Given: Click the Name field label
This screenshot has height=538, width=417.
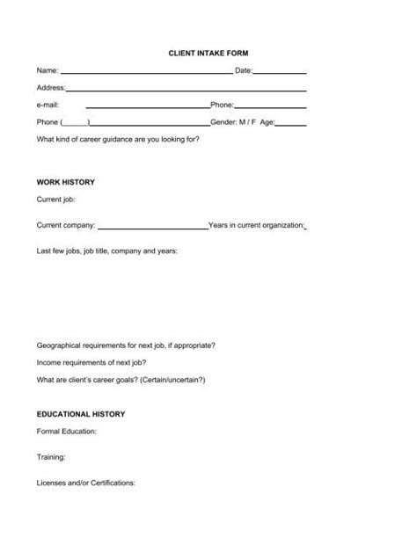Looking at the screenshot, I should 48,70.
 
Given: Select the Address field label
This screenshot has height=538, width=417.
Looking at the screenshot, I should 51,88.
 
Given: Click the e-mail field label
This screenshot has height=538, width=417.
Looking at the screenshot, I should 48,105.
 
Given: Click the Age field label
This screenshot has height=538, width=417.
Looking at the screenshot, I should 267,122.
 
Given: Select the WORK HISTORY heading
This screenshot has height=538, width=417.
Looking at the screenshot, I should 65,182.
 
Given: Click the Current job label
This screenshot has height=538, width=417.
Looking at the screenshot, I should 56,200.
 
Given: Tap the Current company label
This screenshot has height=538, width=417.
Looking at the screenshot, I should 66,225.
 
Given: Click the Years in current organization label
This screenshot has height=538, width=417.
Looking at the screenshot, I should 256,225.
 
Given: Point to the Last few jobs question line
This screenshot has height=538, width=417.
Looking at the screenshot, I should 106,251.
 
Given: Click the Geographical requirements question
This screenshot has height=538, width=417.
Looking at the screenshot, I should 125,345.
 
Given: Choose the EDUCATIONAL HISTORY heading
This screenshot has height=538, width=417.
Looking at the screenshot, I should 81,413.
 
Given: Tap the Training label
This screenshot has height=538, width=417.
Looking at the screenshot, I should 51,457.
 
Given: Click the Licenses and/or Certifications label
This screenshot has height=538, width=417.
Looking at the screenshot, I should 85,483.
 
